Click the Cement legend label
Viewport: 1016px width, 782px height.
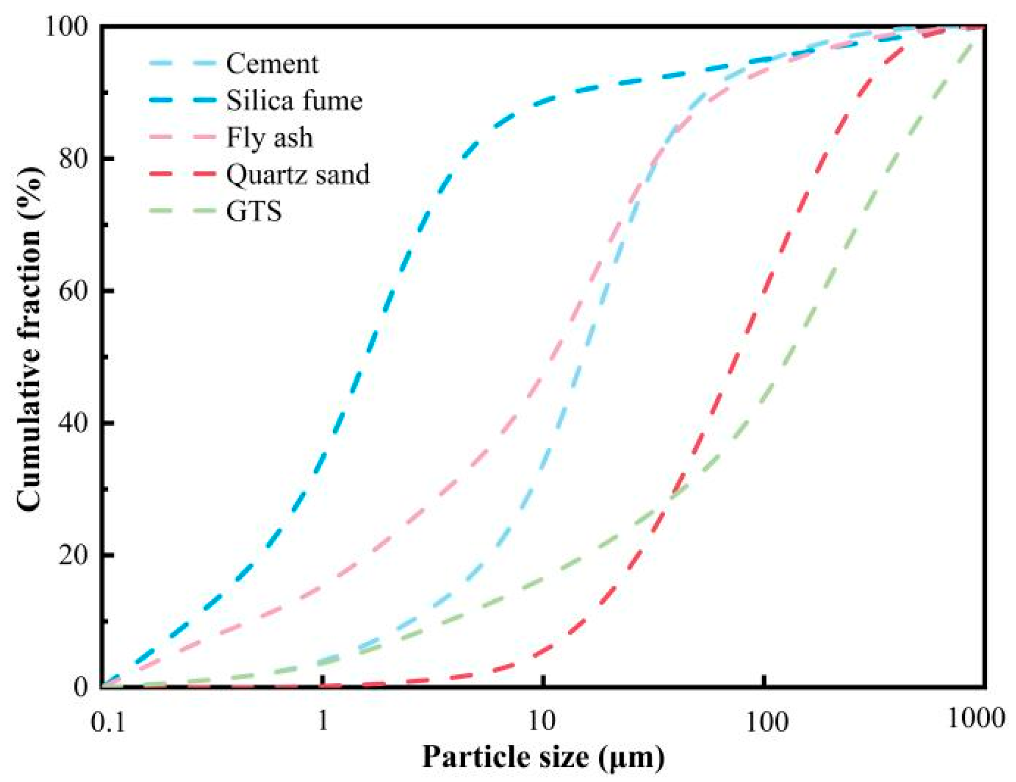point(272,64)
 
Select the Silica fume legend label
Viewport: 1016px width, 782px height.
point(294,100)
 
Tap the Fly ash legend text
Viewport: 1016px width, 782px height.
point(269,137)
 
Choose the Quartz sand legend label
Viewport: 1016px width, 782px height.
point(298,174)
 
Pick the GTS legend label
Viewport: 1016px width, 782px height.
point(254,211)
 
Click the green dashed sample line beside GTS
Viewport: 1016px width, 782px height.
point(182,211)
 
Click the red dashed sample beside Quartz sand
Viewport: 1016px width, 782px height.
point(182,174)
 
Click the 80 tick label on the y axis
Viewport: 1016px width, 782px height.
point(73,158)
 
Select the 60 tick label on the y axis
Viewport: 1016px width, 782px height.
point(73,290)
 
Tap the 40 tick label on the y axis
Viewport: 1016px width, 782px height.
point(73,423)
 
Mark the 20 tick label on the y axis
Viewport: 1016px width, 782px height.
point(73,555)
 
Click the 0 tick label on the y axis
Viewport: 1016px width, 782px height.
point(81,687)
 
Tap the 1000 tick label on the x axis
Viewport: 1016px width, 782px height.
point(976,718)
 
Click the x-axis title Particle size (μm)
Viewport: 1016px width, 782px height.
point(543,757)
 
